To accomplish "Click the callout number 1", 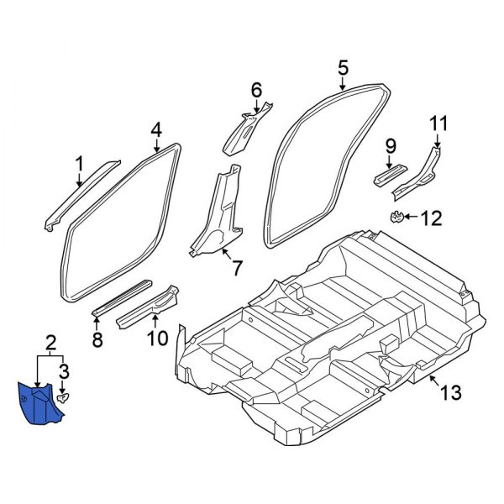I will (x=80, y=162).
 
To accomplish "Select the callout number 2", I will (x=51, y=342).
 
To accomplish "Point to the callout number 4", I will (x=155, y=129).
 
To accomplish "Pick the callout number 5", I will (x=343, y=66).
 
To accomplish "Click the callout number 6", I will (x=256, y=89).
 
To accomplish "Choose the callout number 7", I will (x=236, y=269).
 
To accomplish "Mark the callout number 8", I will (x=97, y=339).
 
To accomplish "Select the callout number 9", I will (x=390, y=148).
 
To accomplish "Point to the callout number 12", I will (x=430, y=219).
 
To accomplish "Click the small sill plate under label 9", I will (x=388, y=174).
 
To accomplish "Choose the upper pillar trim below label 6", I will (x=246, y=128).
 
